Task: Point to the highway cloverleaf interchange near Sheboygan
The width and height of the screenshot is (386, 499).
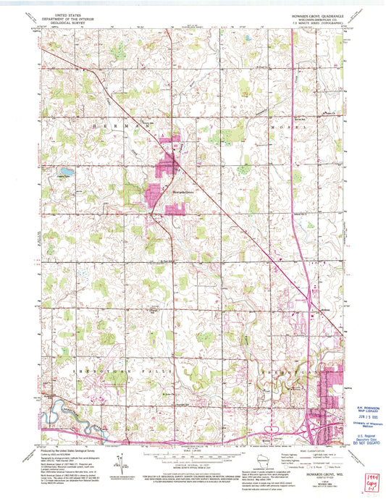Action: pyautogui.click(x=313, y=425)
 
